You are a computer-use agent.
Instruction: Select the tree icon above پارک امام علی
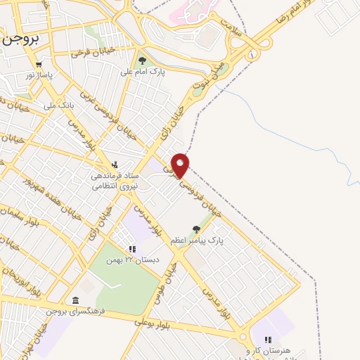click(x=143, y=60)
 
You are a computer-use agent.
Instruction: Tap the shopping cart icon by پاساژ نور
click(x=39, y=65)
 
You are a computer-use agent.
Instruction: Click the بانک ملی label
click(x=58, y=105)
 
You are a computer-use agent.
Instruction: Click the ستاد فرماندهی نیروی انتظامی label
click(x=116, y=181)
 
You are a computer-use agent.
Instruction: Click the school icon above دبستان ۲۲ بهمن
click(x=131, y=249)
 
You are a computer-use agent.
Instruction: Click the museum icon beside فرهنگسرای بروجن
click(x=75, y=301)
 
